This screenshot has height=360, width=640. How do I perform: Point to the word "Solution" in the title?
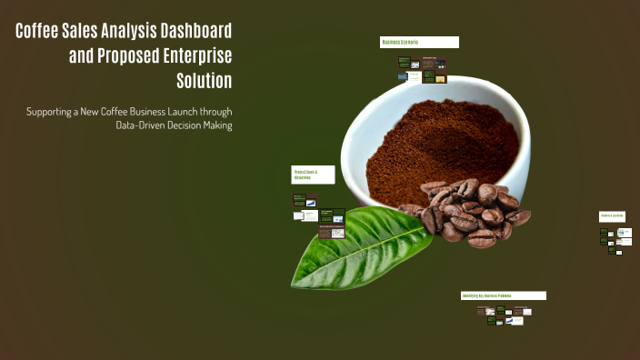[204, 81]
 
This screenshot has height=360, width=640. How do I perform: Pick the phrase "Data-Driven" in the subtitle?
[143, 125]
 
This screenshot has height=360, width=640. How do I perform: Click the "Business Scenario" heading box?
[419, 42]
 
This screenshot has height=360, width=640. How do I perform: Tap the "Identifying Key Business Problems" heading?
[503, 295]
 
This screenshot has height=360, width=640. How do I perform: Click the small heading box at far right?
[612, 216]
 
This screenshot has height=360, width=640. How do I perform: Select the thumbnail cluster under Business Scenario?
[422, 70]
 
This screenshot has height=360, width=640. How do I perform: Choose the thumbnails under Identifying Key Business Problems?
[505, 315]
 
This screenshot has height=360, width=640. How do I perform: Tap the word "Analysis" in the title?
[115, 32]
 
